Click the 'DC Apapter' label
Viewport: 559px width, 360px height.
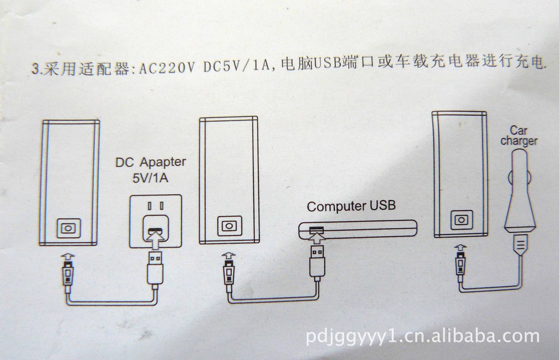(x=151, y=162)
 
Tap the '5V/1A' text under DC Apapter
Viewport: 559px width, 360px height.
(x=150, y=178)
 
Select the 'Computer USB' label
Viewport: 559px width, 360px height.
(x=350, y=206)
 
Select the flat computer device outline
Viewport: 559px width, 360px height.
(x=357, y=230)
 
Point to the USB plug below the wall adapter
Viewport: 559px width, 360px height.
(x=154, y=268)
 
